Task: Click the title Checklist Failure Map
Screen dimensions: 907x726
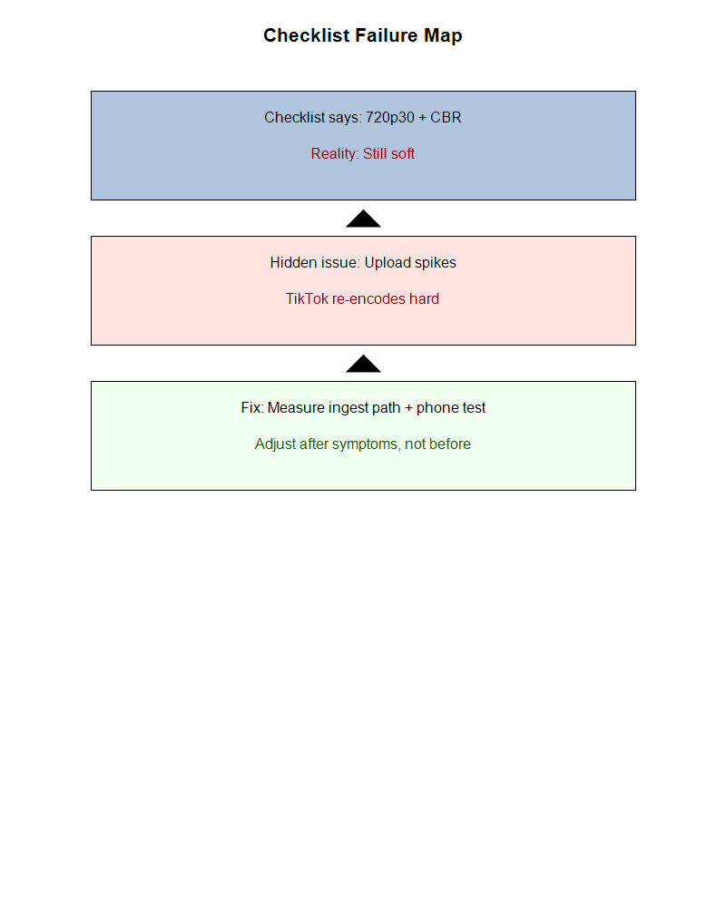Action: click(x=363, y=35)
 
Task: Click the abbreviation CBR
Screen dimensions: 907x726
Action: click(x=446, y=118)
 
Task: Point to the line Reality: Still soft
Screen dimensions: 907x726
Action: click(x=363, y=154)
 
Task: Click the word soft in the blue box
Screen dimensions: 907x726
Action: click(x=401, y=154)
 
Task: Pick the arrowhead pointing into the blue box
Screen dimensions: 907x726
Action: click(x=363, y=219)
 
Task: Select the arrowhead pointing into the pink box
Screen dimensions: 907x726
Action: click(x=363, y=364)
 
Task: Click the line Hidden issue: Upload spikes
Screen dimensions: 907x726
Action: click(x=363, y=263)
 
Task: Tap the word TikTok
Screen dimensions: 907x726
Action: click(x=308, y=299)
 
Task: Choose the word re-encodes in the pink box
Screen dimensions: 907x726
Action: click(x=369, y=299)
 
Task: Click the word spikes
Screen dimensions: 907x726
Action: click(x=436, y=263)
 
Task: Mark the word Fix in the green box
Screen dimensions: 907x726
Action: click(x=250, y=408)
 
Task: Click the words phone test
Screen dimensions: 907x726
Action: click(x=451, y=408)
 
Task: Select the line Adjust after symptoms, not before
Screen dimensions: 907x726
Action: click(x=363, y=444)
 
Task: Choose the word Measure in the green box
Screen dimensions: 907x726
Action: click(x=297, y=408)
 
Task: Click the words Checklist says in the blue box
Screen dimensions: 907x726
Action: click(x=312, y=118)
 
